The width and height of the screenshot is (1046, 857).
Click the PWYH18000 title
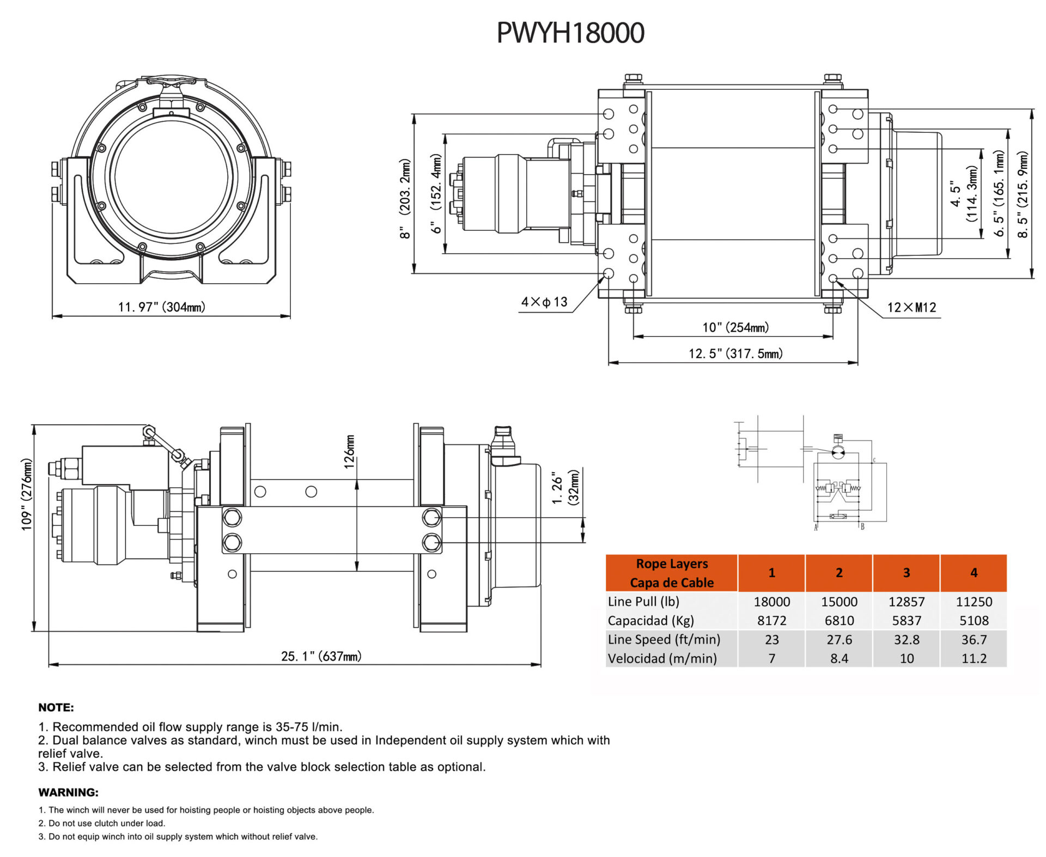pyautogui.click(x=570, y=33)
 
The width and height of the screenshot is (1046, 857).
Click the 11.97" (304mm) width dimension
pyautogui.click(x=162, y=307)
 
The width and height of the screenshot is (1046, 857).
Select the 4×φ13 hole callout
pyautogui.click(x=544, y=302)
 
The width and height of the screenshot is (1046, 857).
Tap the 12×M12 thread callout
pyautogui.click(x=911, y=308)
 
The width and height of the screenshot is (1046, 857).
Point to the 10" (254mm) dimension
pyautogui.click(x=735, y=327)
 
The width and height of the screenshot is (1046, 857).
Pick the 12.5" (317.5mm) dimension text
pyautogui.click(x=735, y=354)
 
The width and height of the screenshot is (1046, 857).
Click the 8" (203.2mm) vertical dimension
pyautogui.click(x=405, y=198)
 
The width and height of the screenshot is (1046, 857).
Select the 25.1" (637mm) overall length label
pyautogui.click(x=321, y=656)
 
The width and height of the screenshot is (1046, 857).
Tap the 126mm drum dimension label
pyautogui.click(x=350, y=451)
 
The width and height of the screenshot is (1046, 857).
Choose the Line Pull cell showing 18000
pyautogui.click(x=771, y=602)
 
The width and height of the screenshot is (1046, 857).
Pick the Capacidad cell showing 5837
pyautogui.click(x=906, y=621)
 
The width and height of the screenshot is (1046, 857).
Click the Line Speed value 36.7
pyautogui.click(x=974, y=640)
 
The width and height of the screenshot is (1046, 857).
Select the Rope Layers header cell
pyautogui.click(x=672, y=573)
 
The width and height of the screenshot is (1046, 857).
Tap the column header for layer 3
pyautogui.click(x=906, y=573)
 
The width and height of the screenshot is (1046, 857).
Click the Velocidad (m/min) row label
pyautogui.click(x=662, y=659)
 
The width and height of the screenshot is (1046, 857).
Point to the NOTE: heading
pyautogui.click(x=56, y=707)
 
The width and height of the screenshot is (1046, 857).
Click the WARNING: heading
pyautogui.click(x=69, y=792)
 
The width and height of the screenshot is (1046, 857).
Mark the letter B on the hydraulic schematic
pyautogui.click(x=862, y=527)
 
